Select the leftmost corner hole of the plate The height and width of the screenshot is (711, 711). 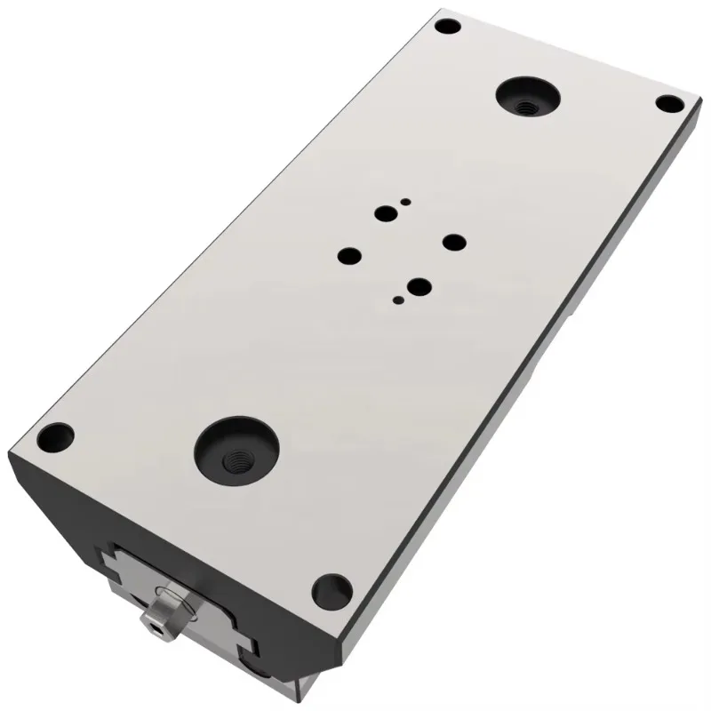(60, 436)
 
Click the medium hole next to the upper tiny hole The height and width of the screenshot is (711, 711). (386, 214)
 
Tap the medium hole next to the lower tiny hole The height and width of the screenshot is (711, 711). (416, 287)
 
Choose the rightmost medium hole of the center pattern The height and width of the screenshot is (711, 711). (453, 243)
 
